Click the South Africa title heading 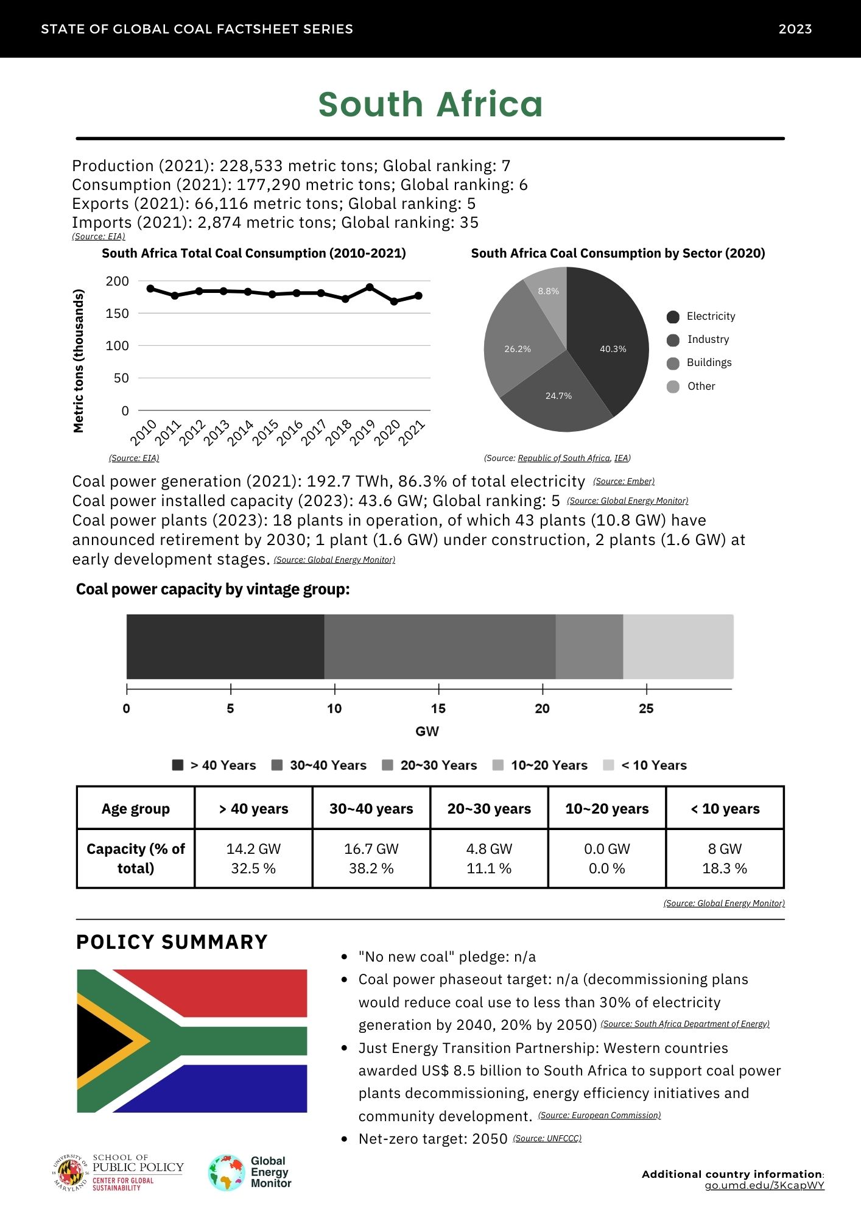430,104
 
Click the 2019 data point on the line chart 370,287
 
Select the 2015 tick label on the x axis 266,432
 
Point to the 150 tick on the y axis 118,314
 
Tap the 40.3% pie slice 609,341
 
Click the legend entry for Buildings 709,363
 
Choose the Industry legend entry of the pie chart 708,340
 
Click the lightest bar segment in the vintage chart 678,647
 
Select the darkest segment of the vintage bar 225,647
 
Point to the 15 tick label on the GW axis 438,709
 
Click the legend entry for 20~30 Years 438,766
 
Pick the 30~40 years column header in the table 371,809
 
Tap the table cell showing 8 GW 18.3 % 725,859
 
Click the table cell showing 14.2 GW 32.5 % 253,859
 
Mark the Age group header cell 136,809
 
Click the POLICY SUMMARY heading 172,942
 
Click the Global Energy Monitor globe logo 226,1172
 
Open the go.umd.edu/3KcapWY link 764,1186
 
